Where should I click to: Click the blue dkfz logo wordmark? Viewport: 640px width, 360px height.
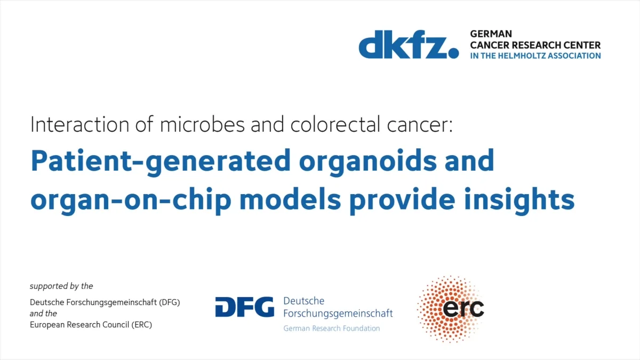pos(409,44)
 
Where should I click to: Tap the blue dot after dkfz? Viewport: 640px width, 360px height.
pos(453,53)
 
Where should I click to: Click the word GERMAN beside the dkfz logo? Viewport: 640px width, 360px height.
pos(491,34)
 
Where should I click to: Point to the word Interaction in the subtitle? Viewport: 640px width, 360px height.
pos(79,125)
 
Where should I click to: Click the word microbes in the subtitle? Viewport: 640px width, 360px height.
pos(202,125)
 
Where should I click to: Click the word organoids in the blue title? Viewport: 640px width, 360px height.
pos(368,162)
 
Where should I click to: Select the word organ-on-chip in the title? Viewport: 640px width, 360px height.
pos(131,201)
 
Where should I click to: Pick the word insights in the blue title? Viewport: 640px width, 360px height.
pos(519,201)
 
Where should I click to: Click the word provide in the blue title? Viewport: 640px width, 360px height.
pos(402,201)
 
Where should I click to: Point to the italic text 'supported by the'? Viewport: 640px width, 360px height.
pos(61,286)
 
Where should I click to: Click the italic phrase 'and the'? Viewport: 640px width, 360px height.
pos(43,314)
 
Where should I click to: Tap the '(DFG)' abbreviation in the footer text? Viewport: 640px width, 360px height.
pos(170,302)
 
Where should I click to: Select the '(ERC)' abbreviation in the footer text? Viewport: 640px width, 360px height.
pos(142,325)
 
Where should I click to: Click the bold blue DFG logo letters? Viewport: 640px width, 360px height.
pos(245,307)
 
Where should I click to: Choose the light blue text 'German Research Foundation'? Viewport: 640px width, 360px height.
pos(331,329)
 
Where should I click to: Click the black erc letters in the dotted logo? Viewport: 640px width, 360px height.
pos(463,308)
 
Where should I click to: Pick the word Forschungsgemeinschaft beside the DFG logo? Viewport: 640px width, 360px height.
pos(338,314)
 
